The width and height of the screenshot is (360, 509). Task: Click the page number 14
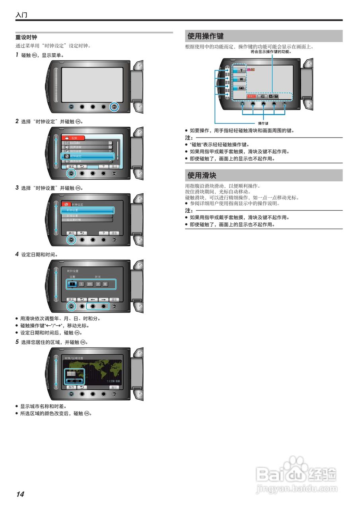click(x=20, y=494)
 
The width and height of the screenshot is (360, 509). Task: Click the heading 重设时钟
click(x=26, y=37)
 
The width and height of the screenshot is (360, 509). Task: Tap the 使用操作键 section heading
click(x=206, y=36)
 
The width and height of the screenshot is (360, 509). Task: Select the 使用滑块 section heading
click(x=202, y=175)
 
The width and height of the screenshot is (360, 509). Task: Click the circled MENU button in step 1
click(x=114, y=107)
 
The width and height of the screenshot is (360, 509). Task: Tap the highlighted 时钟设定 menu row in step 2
click(x=88, y=156)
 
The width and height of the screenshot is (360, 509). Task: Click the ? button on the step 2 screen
click(x=103, y=167)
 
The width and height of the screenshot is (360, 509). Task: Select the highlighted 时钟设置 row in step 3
click(x=88, y=210)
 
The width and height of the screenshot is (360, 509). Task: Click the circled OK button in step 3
click(x=72, y=240)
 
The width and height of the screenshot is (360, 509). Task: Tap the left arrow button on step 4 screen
click(x=93, y=299)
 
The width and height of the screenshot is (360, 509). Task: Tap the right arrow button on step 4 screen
click(x=103, y=299)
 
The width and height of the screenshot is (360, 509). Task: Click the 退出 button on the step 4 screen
click(x=114, y=299)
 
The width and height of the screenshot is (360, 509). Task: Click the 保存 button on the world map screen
click(x=71, y=387)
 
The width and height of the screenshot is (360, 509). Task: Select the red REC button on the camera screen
click(x=251, y=96)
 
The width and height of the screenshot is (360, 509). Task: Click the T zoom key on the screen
click(x=241, y=70)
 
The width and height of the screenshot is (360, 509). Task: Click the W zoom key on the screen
click(x=241, y=79)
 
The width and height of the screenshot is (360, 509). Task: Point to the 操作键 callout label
click(x=263, y=123)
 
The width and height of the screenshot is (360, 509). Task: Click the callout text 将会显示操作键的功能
click(x=271, y=52)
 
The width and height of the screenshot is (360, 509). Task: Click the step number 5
click(x=17, y=342)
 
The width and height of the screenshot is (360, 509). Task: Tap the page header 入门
click(x=21, y=16)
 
